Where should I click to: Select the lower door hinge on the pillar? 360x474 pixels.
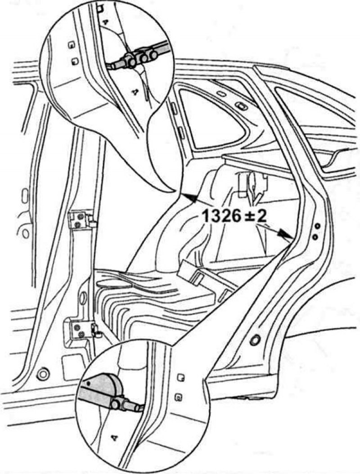[x=81, y=331]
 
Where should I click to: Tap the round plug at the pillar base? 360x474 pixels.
[x=43, y=375]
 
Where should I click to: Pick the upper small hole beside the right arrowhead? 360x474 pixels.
[x=317, y=226]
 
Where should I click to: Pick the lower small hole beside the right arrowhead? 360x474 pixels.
[x=315, y=237]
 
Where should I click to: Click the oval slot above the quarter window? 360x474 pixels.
[x=241, y=106]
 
